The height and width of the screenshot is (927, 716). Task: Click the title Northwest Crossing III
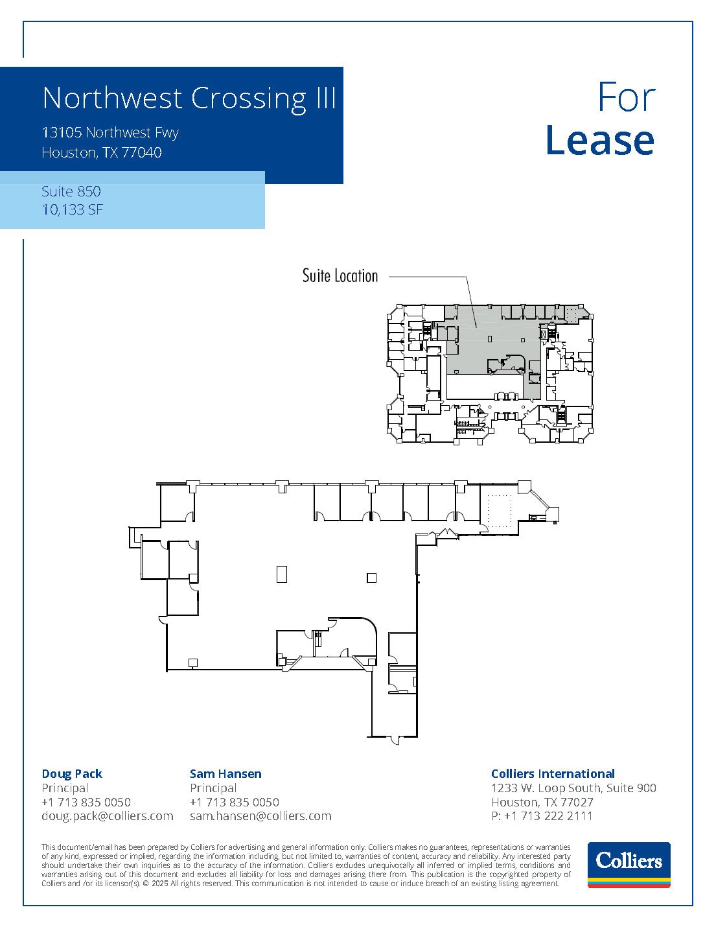click(189, 98)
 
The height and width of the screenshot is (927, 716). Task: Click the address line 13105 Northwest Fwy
click(110, 133)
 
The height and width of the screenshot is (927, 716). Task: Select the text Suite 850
click(71, 191)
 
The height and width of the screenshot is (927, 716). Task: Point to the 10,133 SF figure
click(73, 209)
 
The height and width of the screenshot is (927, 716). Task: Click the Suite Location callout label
click(340, 276)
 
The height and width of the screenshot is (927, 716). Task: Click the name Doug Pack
click(72, 773)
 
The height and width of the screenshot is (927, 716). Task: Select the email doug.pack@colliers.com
click(108, 816)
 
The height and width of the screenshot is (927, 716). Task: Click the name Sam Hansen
click(225, 773)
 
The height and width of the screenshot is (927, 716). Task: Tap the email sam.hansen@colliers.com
click(260, 816)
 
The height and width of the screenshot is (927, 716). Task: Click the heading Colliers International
click(553, 773)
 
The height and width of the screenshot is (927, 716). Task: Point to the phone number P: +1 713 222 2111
click(542, 816)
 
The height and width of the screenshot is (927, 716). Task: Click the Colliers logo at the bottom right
click(629, 864)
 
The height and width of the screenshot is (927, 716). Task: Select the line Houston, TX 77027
click(542, 802)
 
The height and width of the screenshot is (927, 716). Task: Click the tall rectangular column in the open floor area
click(281, 574)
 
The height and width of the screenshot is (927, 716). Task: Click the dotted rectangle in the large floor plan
click(499, 511)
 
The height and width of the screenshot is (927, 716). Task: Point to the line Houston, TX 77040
click(102, 153)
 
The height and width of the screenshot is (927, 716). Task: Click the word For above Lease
click(626, 97)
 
